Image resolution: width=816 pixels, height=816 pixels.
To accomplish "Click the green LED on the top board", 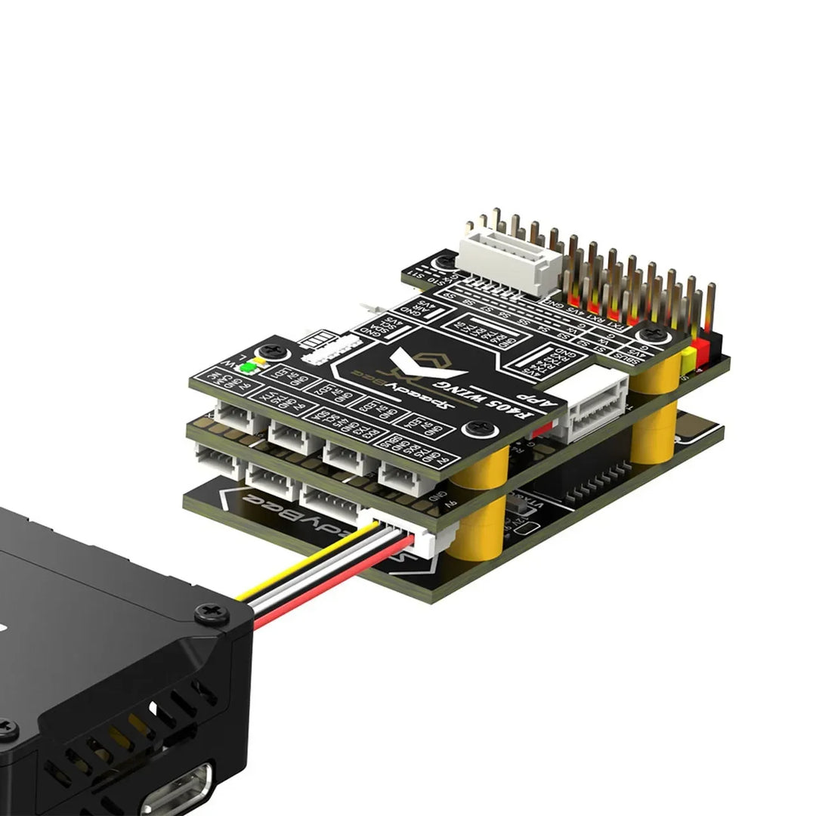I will click(x=247, y=369).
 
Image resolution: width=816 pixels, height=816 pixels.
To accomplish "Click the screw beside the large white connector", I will click(x=445, y=261).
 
